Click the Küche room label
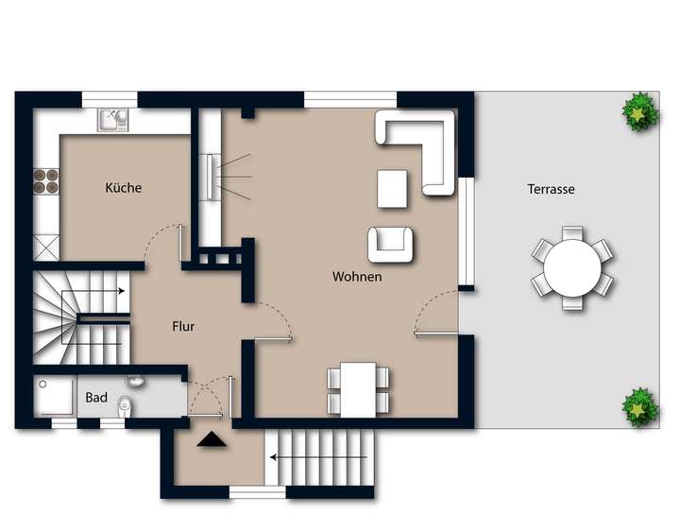point(124,188)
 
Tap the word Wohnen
point(357,277)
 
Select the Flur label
point(183,326)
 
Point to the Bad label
point(96,398)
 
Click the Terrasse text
point(551,189)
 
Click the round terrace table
point(572,268)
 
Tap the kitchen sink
point(114,120)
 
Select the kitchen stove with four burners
point(45,180)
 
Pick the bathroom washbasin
point(134,383)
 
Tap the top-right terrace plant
point(640,112)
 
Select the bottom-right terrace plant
point(639,407)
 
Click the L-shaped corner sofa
point(420,146)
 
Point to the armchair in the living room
point(390,245)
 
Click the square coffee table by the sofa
point(392,188)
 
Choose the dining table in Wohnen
point(358,388)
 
